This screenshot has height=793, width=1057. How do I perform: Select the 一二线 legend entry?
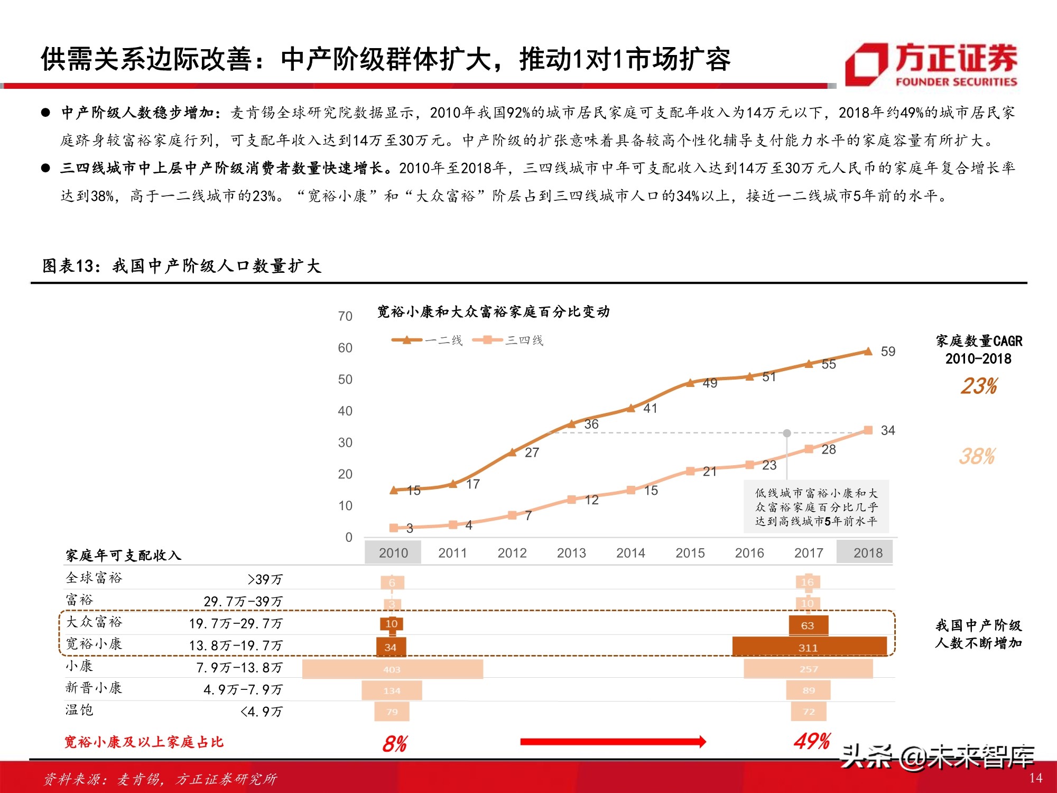coord(427,340)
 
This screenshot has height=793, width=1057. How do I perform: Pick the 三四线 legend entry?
coord(508,340)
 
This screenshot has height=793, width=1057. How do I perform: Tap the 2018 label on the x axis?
coord(868,553)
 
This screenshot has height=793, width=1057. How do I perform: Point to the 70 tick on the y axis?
coord(345,316)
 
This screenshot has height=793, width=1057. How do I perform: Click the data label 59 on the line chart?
coord(888,352)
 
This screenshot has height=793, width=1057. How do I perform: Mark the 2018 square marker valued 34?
coord(868,430)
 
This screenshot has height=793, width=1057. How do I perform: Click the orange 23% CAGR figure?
coord(979,386)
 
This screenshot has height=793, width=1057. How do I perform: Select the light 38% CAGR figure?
coord(977,456)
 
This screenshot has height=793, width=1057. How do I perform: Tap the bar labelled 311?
coord(809,647)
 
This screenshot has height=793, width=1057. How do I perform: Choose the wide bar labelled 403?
coord(392,669)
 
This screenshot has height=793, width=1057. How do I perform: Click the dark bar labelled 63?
coord(808,625)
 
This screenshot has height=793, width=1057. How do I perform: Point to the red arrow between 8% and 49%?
coord(613,742)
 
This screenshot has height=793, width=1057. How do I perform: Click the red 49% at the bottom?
coord(812,742)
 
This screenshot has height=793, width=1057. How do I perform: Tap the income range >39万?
coord(265,579)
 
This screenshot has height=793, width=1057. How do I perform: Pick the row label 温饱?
coord(79,710)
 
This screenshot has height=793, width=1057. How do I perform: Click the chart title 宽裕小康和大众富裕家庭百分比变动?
coord(493,312)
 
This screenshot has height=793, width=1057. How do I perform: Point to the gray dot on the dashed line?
coord(787,433)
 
